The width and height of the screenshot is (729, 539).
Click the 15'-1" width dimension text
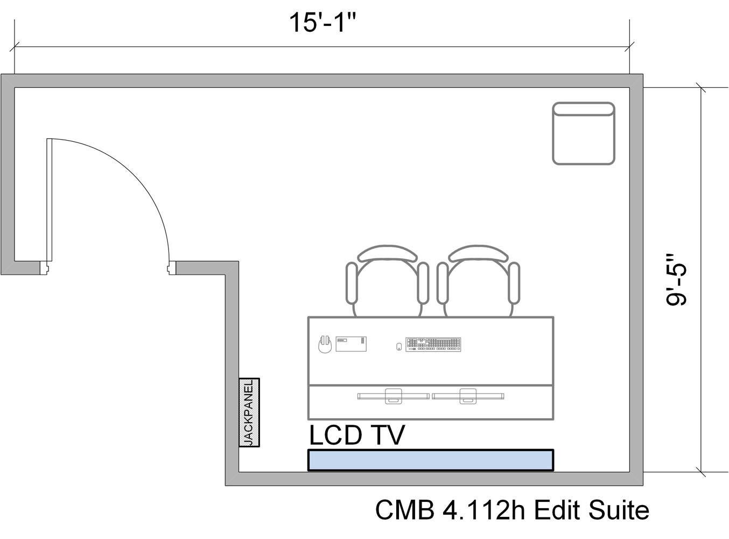tap(323, 23)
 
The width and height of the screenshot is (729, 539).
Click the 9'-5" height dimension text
tap(677, 280)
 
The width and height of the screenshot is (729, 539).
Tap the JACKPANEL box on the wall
tap(249, 412)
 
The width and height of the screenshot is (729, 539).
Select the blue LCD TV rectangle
tap(430, 460)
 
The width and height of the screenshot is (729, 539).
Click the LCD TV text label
tap(356, 435)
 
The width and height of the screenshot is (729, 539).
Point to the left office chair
tap(387, 280)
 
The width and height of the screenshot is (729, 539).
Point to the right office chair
tap(478, 280)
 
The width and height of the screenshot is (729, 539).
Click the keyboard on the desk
tap(433, 344)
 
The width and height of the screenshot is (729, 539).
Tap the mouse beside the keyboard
tap(399, 347)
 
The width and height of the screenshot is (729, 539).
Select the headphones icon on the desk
tap(325, 344)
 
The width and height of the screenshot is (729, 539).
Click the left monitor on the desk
tap(393, 396)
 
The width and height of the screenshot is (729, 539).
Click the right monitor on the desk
tap(467, 396)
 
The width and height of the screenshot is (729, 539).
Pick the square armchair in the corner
tap(584, 133)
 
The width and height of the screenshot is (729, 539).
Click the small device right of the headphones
tap(351, 344)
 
